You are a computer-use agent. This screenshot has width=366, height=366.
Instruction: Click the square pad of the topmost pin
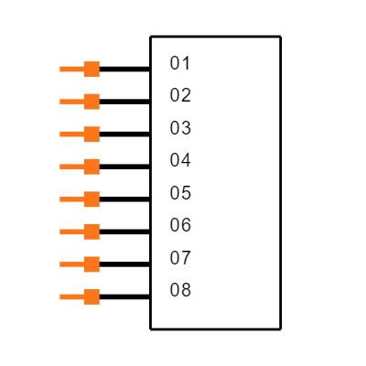91,69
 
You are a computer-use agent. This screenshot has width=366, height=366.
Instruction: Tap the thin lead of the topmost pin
71,69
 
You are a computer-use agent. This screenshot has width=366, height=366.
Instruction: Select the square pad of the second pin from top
91,102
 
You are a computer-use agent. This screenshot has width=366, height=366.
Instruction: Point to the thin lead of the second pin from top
71,102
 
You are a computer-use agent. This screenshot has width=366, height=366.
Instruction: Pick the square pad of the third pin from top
91,135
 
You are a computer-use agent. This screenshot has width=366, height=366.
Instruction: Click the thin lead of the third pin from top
71,135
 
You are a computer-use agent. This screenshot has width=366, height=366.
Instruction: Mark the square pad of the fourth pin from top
91,167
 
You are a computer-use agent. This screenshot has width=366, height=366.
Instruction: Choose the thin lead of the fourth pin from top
71,167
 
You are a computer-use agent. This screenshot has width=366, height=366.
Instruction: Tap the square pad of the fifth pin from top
91,199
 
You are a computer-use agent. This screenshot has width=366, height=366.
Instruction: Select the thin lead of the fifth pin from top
71,199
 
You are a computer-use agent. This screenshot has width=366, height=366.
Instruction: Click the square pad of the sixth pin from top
91,231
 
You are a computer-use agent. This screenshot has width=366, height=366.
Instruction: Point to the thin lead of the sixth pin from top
71,231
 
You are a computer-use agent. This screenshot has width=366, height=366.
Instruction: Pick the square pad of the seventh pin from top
91,264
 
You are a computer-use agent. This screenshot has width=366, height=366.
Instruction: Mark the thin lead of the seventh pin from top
71,264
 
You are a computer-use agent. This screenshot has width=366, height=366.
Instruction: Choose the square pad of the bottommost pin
91,296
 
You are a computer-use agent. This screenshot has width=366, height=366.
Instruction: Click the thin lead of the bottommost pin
71,296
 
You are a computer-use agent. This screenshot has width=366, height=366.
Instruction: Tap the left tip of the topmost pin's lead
61,69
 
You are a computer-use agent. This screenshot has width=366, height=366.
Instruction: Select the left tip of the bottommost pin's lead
61,296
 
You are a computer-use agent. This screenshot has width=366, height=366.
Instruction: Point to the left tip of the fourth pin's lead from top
61,167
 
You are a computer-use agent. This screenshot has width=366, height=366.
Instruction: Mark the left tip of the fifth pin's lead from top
61,199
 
